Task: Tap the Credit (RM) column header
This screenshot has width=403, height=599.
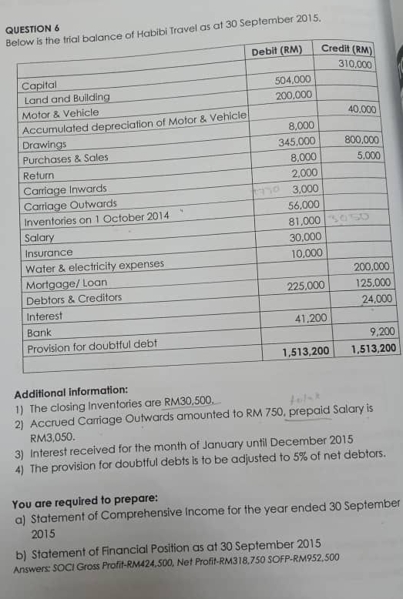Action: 346,49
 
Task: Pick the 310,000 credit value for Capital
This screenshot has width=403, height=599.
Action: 355,63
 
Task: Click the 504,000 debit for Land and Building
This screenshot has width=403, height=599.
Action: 293,80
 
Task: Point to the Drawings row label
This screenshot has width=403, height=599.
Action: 45,145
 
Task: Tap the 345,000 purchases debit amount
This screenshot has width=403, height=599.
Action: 297,142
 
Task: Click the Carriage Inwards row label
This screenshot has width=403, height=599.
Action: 65,189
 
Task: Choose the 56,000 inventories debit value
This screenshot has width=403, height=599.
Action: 304,205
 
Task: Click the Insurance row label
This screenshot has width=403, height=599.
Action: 49,253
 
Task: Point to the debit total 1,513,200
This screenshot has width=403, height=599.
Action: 306,351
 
